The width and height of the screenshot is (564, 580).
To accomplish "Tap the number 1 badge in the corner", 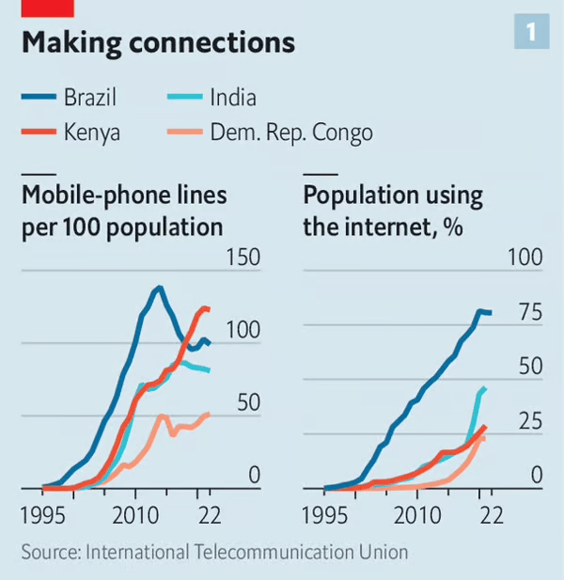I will click(530, 34).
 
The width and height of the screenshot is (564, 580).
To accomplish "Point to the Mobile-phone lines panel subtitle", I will click(122, 212).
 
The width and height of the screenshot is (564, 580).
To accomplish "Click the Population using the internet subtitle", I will click(392, 212).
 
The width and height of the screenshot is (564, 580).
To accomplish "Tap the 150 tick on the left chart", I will click(241, 259).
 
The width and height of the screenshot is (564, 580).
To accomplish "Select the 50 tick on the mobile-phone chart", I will click(247, 403).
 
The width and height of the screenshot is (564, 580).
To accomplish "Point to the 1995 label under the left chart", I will click(45, 514).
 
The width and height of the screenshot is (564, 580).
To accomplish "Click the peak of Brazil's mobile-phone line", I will click(159, 288).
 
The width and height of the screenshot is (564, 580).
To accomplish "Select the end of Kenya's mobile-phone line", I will click(208, 308).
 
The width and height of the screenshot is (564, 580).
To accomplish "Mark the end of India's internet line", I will click(484, 388).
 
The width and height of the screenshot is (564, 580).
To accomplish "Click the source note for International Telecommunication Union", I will click(215, 552).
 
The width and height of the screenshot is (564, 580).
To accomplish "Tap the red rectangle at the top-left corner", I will click(47, 8).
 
